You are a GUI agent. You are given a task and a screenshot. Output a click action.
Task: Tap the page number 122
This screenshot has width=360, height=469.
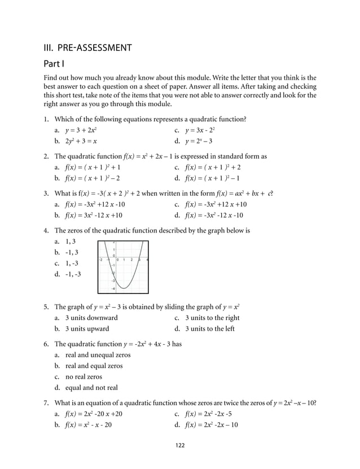click(179, 445)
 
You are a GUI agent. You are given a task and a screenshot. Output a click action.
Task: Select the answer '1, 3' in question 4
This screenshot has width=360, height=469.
click(71, 241)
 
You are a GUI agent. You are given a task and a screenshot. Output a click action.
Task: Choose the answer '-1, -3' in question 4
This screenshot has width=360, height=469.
click(73, 274)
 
